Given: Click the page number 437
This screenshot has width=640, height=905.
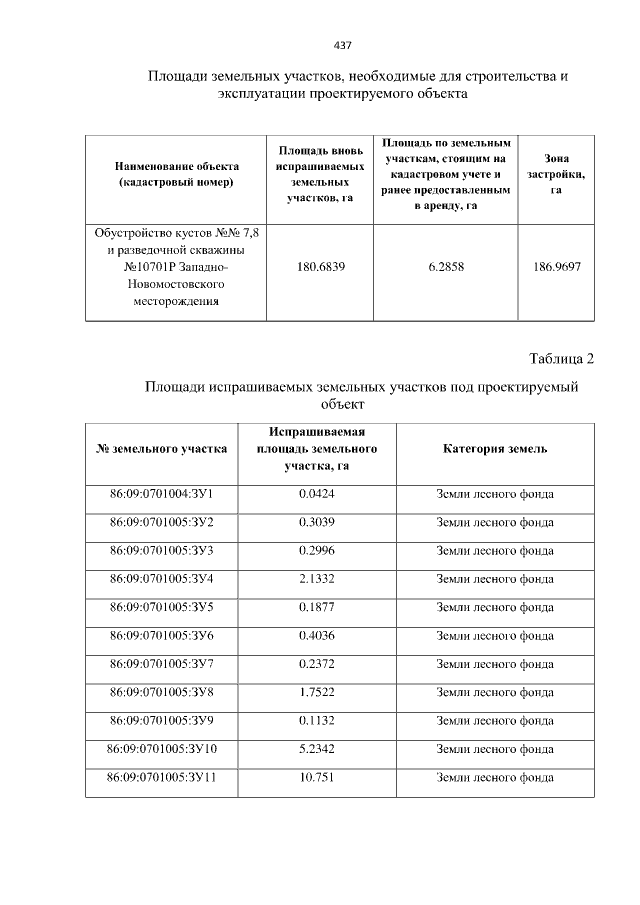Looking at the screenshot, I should [x=342, y=45].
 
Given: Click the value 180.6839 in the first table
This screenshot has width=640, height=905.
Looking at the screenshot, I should [x=318, y=267].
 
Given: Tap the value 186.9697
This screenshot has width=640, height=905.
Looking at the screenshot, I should [x=558, y=267].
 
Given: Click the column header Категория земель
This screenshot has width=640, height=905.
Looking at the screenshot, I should [x=495, y=449].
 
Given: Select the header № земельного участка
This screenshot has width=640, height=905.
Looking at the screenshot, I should [x=161, y=449].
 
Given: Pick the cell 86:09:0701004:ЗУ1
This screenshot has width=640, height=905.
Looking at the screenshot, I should [x=161, y=494].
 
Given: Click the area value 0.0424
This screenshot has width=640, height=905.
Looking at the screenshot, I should [x=318, y=494].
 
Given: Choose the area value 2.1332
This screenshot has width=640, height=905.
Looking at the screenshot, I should [x=318, y=579].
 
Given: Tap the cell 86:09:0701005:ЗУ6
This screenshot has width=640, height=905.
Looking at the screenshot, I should [x=161, y=635].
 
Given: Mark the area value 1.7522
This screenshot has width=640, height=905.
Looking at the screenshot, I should [x=318, y=692].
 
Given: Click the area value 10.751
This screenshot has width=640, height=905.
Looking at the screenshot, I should [x=318, y=776].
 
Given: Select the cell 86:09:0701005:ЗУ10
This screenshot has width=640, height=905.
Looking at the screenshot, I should [x=161, y=748].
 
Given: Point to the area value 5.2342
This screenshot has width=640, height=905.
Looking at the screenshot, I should [x=318, y=748].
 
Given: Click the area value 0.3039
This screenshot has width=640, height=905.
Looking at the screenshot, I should [x=318, y=522].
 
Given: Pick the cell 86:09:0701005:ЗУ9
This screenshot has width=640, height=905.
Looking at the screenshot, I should [x=161, y=720].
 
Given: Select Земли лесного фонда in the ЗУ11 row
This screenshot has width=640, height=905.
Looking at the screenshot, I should [x=495, y=776].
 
